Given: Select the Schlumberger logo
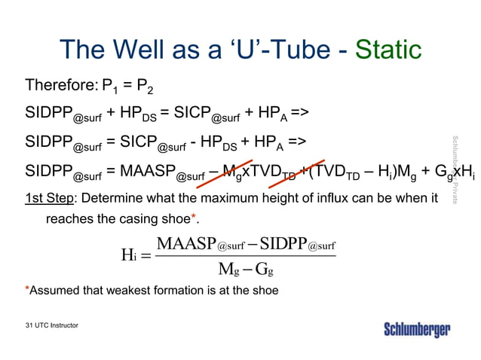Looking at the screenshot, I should point(417,330).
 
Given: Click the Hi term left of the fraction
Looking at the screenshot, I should point(128,255).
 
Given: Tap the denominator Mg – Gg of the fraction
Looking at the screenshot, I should point(246,270).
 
